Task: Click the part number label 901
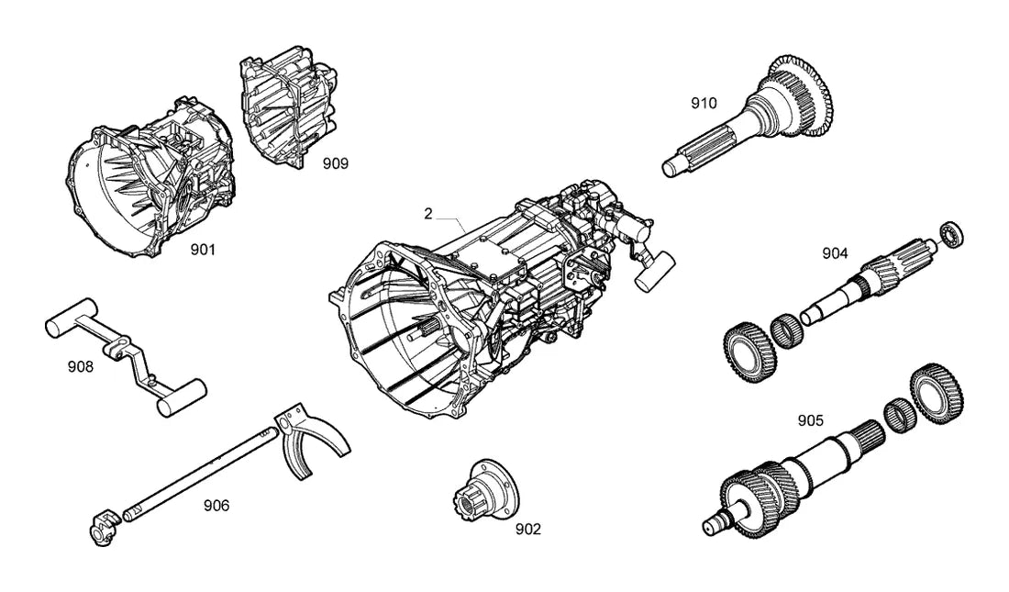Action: tap(203, 250)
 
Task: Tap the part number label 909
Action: tap(335, 163)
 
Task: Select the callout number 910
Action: tap(704, 103)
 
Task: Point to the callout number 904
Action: tap(836, 254)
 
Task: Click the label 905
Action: tap(810, 420)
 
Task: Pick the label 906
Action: tap(216, 506)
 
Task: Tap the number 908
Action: tap(81, 367)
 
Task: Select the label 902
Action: tap(528, 530)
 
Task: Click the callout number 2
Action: tap(428, 214)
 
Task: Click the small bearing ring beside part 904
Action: tap(952, 234)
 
